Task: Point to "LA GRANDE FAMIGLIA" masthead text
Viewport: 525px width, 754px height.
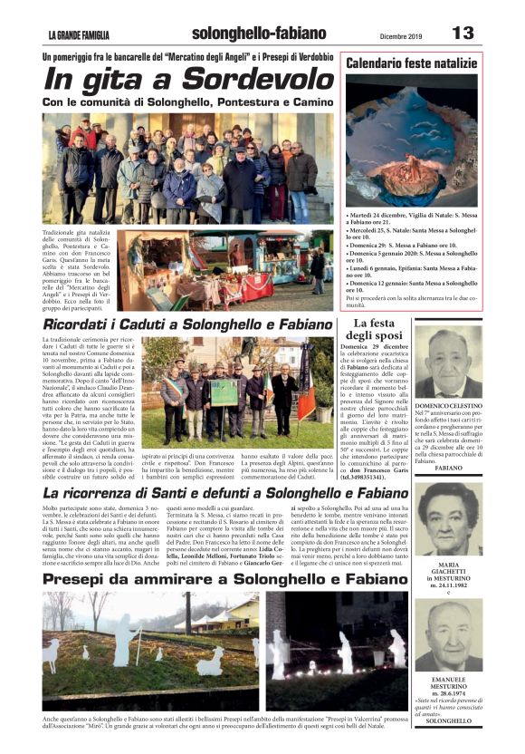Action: (79, 35)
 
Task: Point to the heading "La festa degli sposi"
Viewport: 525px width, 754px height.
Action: (374, 329)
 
